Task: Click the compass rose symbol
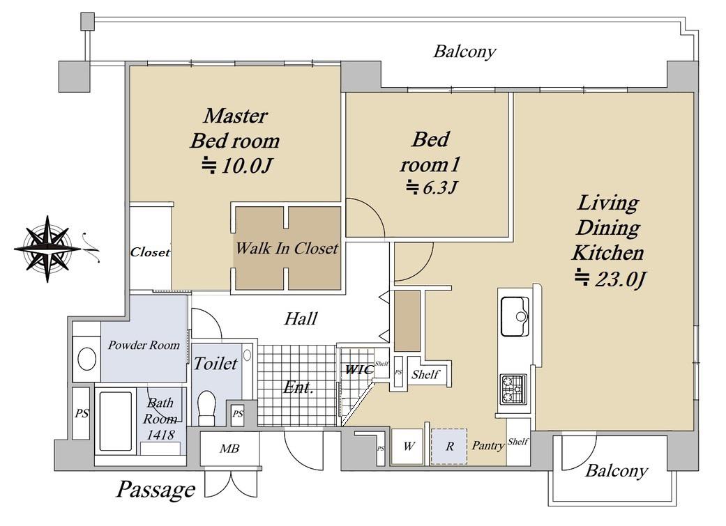(47, 249)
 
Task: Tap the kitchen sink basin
(515, 316)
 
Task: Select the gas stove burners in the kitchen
(513, 389)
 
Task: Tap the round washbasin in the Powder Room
(86, 359)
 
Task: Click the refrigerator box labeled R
(449, 447)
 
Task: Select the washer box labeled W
(408, 447)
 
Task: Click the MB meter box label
(229, 448)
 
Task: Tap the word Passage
(155, 490)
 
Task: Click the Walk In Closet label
(287, 249)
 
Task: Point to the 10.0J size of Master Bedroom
(236, 166)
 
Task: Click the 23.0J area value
(610, 279)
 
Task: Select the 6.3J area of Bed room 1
(432, 187)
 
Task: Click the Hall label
(301, 319)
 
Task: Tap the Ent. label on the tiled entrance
(298, 387)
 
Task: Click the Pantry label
(488, 445)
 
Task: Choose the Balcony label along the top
(464, 52)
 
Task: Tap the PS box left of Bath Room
(82, 413)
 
